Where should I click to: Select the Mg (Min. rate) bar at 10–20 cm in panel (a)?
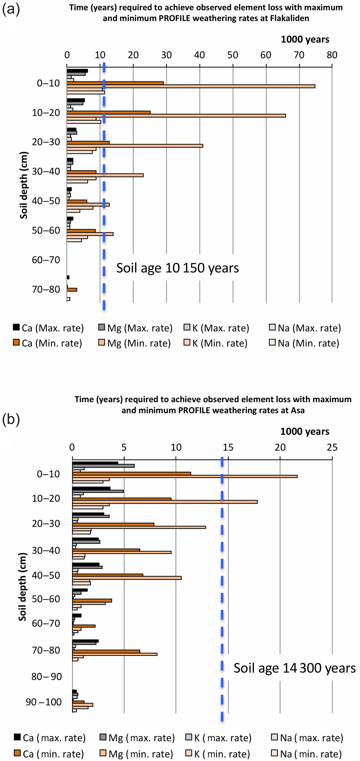(176, 116)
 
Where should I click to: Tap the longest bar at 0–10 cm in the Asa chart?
(185, 476)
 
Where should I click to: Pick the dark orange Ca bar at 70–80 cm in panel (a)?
(72, 290)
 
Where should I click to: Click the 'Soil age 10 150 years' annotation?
(178, 268)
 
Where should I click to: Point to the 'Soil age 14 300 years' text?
(294, 668)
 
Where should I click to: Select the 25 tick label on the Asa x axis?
(332, 447)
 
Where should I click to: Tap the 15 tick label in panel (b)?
(228, 447)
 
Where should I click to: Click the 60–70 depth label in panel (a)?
(46, 260)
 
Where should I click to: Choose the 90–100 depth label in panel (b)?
(44, 702)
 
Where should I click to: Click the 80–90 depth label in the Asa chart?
(46, 676)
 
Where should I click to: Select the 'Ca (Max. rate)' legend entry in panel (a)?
(49, 328)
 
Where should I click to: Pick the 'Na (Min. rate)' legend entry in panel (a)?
(304, 343)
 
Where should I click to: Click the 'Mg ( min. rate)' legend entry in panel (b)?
(136, 754)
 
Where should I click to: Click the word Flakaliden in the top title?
(290, 18)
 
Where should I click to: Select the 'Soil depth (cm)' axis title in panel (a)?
(23, 185)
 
